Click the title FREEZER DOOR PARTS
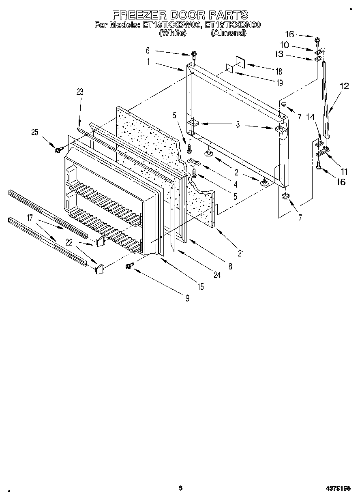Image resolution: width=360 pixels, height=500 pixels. pyautogui.click(x=180, y=15)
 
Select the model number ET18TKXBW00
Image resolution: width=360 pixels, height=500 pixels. pyautogui.click(x=172, y=25)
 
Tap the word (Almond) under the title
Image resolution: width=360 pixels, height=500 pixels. pyautogui.click(x=228, y=33)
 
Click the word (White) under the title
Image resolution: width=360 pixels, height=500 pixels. pyautogui.click(x=173, y=33)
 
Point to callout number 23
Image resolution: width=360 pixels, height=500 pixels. pyautogui.click(x=79, y=92)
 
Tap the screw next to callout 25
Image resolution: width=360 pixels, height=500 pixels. pyautogui.click(x=57, y=150)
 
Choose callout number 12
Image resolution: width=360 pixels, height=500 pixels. pyautogui.click(x=344, y=86)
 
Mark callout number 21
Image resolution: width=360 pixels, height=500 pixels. pyautogui.click(x=241, y=254)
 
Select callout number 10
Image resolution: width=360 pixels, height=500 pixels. pyautogui.click(x=284, y=45)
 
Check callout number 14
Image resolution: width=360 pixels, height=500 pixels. pyautogui.click(x=310, y=118)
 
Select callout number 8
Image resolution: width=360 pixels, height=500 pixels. pyautogui.click(x=230, y=267)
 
